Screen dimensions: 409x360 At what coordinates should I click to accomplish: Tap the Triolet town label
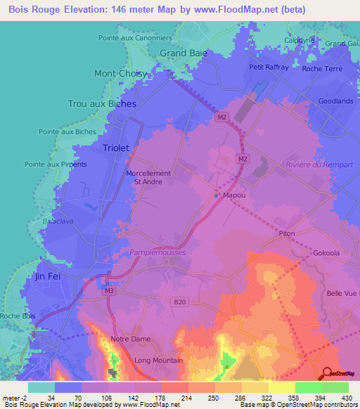pyautogui.click(x=116, y=148)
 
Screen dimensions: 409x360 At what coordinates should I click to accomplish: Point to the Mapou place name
pyautogui.click(x=233, y=195)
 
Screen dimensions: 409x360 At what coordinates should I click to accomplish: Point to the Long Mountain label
pyautogui.click(x=158, y=361)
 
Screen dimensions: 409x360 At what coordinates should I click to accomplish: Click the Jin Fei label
pyautogui.click(x=49, y=277)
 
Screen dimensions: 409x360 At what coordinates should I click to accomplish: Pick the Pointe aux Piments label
pyautogui.click(x=56, y=164)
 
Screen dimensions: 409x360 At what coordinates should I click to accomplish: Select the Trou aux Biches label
pyautogui.click(x=102, y=103)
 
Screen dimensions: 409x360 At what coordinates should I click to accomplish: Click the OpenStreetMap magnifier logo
pyautogui.click(x=327, y=373)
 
